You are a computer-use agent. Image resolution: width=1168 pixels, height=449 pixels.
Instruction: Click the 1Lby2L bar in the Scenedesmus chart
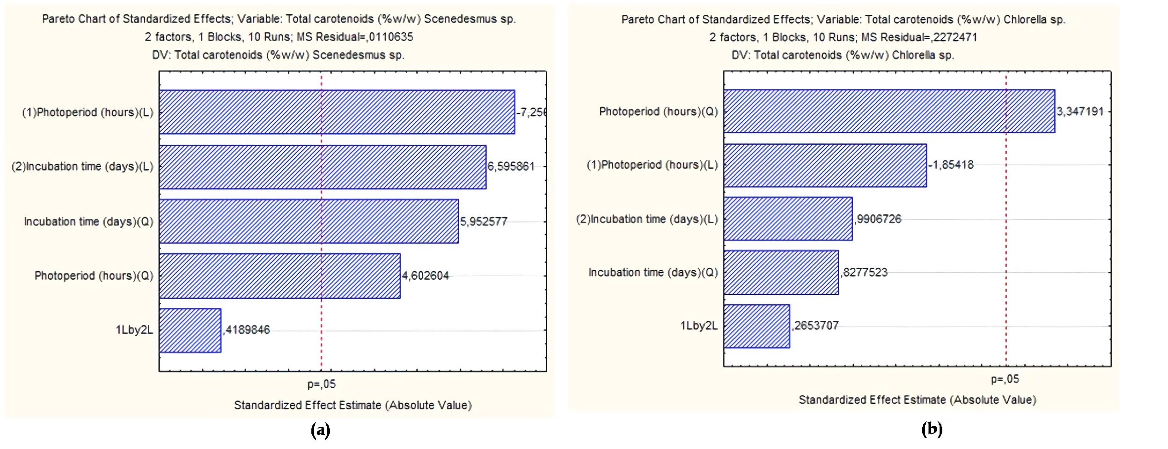coord(190,331)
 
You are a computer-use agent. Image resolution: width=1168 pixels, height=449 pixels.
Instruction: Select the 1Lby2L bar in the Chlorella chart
coord(757,326)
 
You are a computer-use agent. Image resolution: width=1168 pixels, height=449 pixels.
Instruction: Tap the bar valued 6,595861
coord(322,167)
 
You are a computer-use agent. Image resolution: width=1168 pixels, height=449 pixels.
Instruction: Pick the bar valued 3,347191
coord(889,111)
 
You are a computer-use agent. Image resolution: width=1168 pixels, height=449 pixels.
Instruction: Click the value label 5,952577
coord(484,222)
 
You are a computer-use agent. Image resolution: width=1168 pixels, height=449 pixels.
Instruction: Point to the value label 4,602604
coord(425,276)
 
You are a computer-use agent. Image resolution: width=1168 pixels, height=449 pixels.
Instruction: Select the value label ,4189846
coord(247,330)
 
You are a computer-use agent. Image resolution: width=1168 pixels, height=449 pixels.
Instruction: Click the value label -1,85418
coord(951,165)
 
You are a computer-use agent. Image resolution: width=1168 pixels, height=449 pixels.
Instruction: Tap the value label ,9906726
coord(878,219)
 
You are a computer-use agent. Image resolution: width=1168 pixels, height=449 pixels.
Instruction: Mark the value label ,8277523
coord(864,272)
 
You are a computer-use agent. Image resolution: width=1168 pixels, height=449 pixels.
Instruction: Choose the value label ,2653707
coord(815,325)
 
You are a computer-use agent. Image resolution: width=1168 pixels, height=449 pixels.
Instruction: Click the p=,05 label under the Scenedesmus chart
coord(321,384)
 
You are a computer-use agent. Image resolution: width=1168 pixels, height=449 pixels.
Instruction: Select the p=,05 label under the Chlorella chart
coord(1005,379)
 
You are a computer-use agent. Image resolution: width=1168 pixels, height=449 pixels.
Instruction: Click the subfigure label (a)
coord(321,431)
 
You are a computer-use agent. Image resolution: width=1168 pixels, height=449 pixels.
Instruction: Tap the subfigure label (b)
coord(932,429)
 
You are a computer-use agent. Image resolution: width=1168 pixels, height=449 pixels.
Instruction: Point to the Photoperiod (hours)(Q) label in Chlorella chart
coord(658,112)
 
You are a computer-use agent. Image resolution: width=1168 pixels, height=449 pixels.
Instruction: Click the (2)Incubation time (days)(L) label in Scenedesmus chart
coord(82,166)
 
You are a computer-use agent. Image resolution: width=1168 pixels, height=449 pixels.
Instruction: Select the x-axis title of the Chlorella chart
coord(917,400)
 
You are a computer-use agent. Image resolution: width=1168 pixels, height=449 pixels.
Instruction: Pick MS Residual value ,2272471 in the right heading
coord(955,37)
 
